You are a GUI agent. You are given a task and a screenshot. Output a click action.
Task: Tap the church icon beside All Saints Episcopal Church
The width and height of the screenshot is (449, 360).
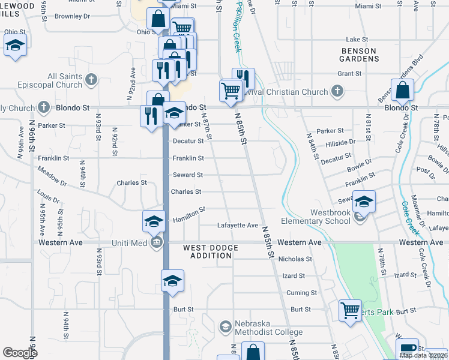pos(91,79)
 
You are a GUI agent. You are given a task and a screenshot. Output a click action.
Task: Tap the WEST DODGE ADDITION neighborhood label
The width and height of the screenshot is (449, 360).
pos(207,251)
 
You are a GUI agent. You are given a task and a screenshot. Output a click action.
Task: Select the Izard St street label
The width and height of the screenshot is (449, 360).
pos(294,276)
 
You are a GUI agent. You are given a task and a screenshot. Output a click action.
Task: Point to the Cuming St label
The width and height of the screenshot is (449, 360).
pos(301,293)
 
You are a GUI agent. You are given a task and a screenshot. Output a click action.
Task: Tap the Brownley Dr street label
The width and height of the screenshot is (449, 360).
pos(72,16)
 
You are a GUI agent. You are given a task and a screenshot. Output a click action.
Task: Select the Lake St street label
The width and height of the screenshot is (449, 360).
pos(357,39)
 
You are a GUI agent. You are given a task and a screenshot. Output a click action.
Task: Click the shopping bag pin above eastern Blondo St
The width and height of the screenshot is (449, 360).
pos(402,91)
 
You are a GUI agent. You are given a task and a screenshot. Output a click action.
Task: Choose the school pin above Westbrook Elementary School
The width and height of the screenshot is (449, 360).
pos(363,202)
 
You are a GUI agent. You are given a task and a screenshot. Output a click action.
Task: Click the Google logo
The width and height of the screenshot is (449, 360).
pos(20,353)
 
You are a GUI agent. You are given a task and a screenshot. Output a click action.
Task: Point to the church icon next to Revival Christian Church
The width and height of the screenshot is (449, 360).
pos(337,91)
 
